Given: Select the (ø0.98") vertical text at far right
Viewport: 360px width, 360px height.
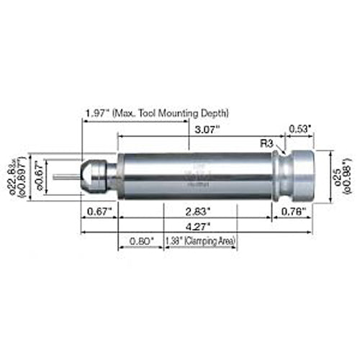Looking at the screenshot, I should point(348,175).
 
